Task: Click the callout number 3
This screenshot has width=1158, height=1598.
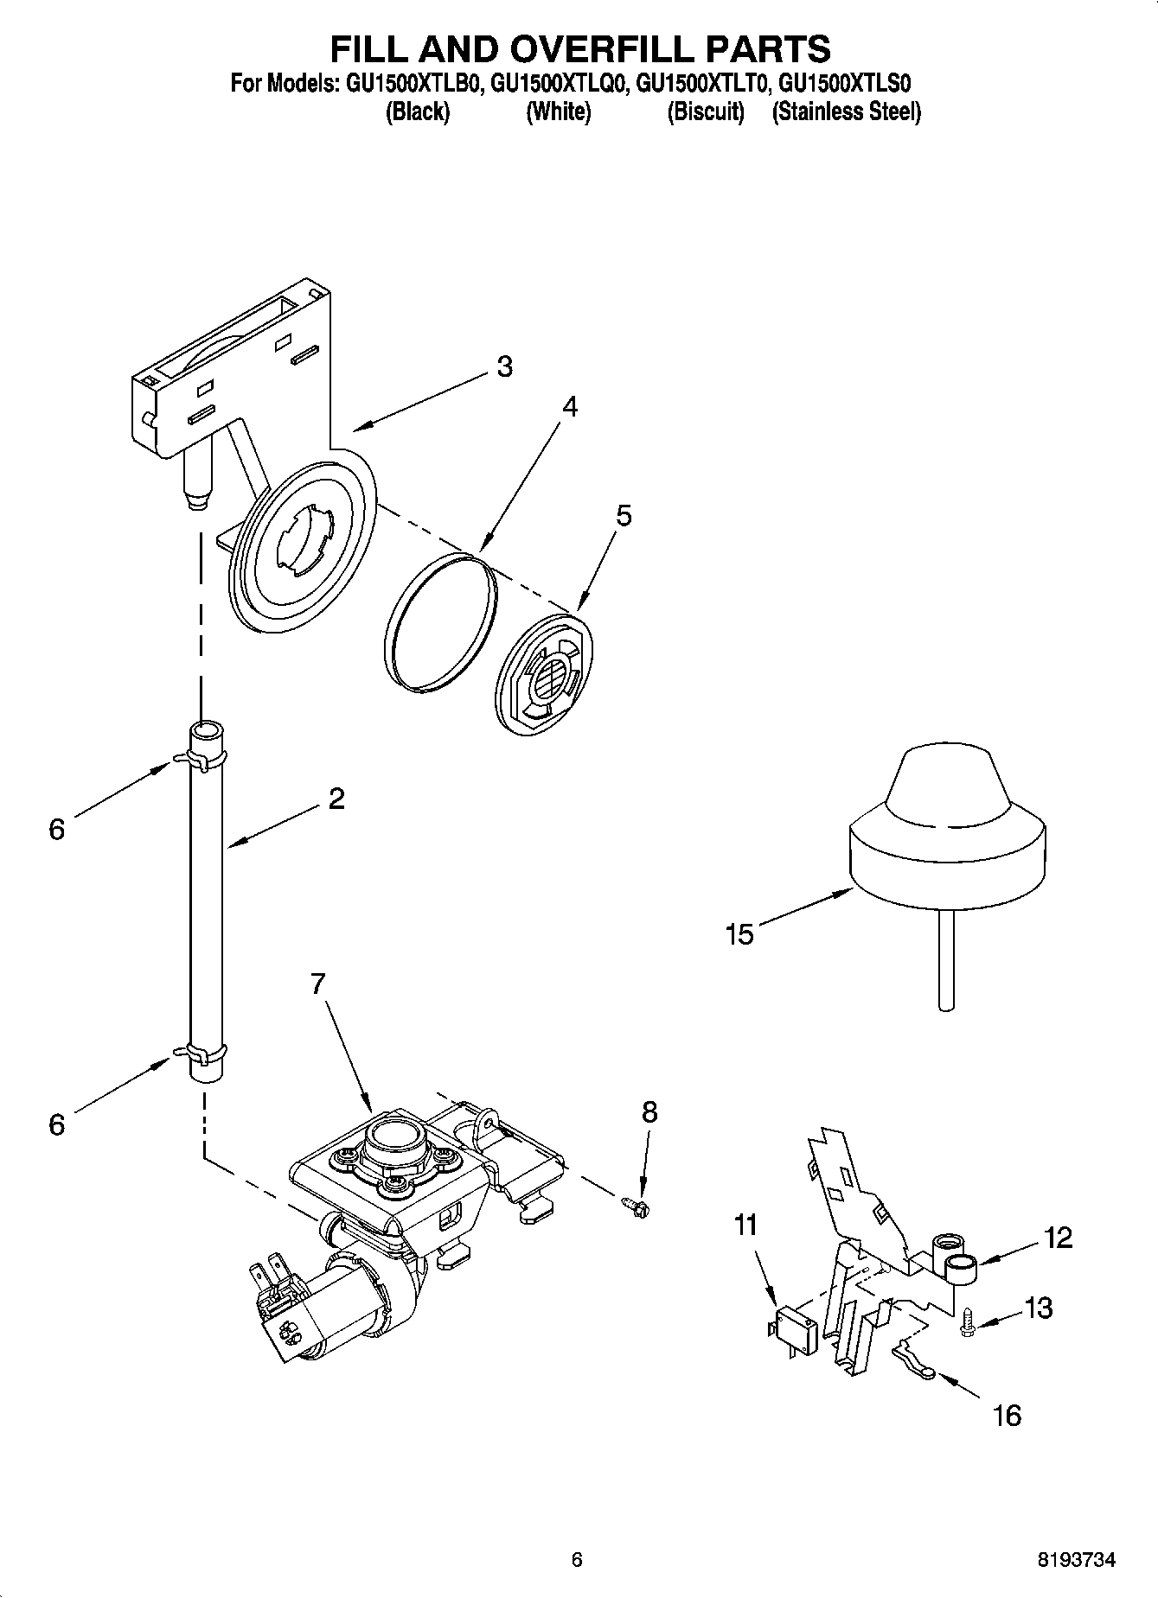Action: [504, 366]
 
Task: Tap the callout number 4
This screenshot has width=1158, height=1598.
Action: [568, 407]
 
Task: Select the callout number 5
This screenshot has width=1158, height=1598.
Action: [624, 516]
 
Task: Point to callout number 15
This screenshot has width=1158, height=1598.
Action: [740, 934]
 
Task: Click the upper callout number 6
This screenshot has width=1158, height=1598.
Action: [57, 830]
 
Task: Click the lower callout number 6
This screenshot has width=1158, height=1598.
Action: [57, 1124]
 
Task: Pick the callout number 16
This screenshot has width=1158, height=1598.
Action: [1008, 1416]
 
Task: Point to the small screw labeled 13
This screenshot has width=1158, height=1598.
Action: [968, 1323]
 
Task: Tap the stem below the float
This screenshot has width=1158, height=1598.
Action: [946, 959]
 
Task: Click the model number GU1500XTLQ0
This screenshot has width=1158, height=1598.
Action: [559, 84]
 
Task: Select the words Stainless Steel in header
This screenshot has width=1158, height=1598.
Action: [847, 111]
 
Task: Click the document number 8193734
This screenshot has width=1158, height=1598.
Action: [1076, 1560]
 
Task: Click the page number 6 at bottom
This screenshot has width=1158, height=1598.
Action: [578, 1560]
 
